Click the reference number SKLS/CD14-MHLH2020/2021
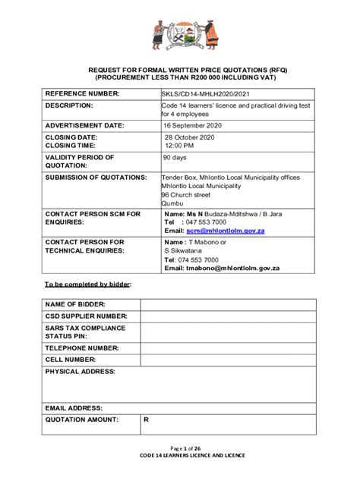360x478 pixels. (205, 94)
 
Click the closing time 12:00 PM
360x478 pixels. (182, 145)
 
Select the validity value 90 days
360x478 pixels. (175, 158)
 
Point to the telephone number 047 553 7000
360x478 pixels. (205, 222)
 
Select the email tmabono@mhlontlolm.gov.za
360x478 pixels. (232, 268)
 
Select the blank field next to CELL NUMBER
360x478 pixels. (227, 360)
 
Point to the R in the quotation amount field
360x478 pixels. (145, 420)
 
